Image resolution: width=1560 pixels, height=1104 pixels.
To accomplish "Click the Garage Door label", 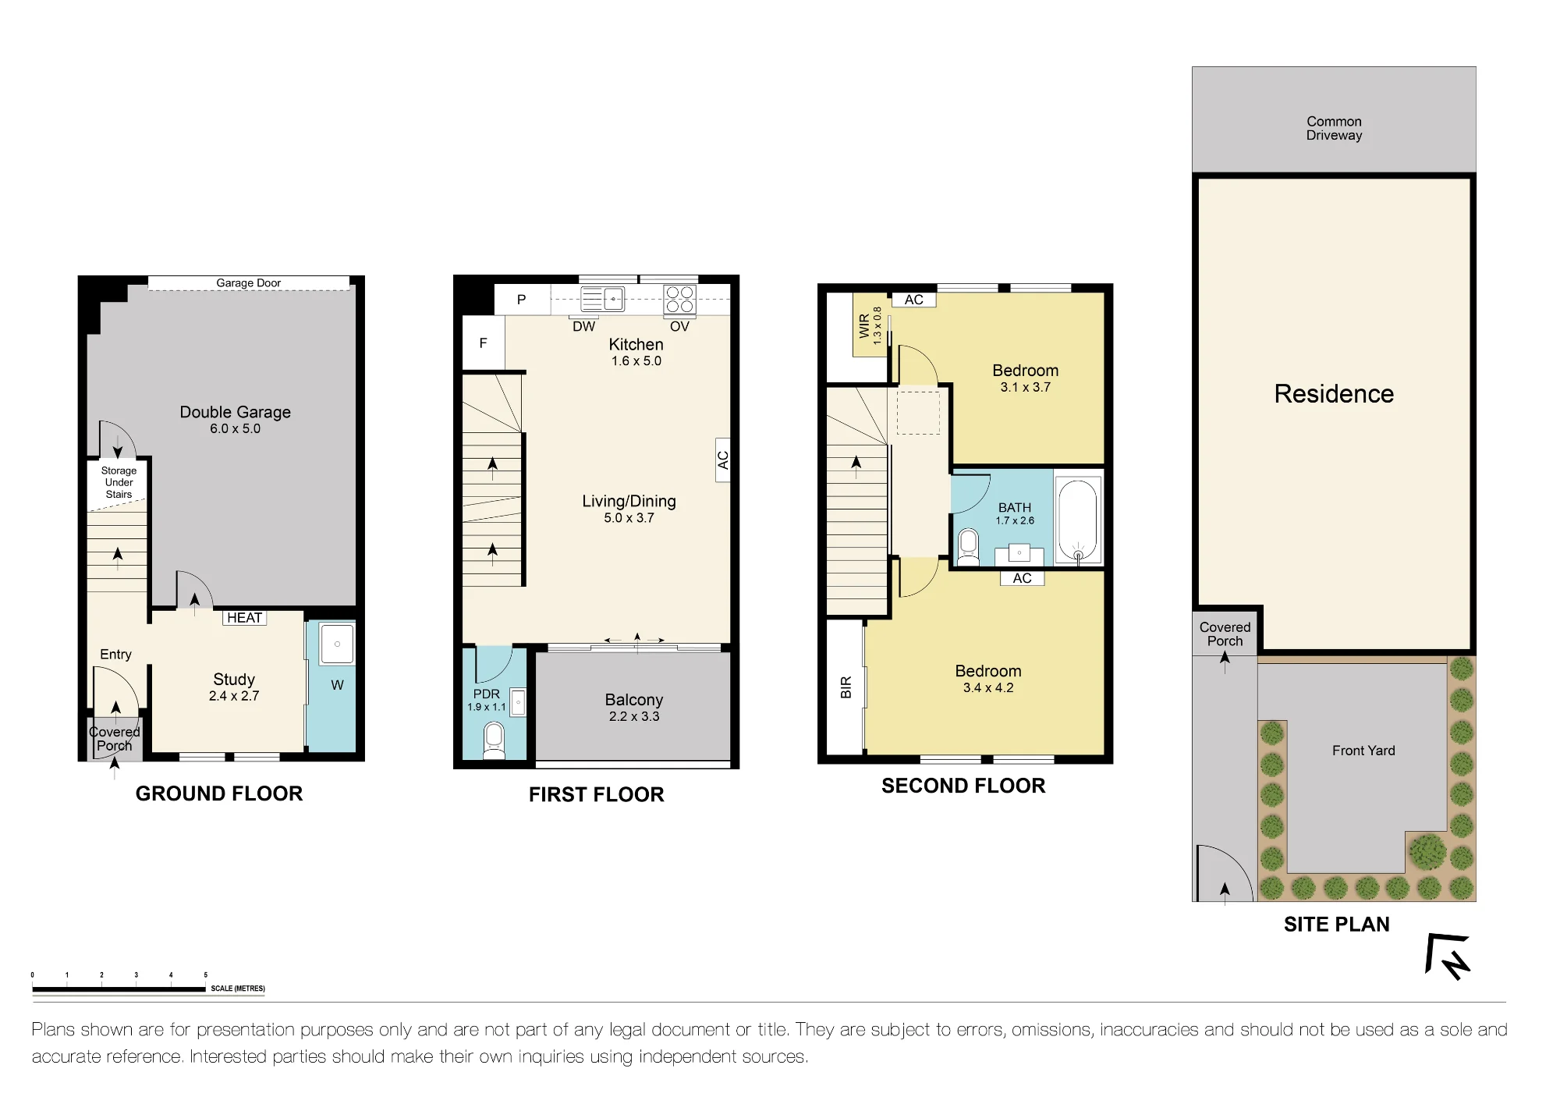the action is (248, 283).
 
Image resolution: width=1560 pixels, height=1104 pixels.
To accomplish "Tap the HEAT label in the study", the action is (244, 618).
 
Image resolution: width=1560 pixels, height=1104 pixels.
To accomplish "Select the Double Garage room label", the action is (236, 412).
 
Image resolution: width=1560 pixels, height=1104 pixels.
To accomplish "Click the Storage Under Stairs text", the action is (119, 482).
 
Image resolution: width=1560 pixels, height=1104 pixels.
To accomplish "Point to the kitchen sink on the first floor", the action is (603, 299).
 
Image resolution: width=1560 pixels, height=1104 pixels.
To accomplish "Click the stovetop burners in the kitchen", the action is (679, 300).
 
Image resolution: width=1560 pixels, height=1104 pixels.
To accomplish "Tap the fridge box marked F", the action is (484, 343).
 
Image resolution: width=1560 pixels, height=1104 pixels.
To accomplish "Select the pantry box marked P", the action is (522, 299).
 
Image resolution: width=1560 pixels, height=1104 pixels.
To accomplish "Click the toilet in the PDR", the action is (494, 739).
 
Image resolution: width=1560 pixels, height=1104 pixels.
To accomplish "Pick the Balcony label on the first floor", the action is (634, 700).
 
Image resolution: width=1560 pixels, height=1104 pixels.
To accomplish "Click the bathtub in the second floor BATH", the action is (1078, 520).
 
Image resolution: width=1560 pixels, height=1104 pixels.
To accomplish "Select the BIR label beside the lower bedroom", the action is (846, 687).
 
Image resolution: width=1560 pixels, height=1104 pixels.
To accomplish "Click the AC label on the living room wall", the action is (723, 460).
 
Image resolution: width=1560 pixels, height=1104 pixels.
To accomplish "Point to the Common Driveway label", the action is (1334, 128).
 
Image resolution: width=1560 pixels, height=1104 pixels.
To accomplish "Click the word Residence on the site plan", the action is (1334, 393).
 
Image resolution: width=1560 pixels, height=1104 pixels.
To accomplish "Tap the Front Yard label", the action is (1363, 751).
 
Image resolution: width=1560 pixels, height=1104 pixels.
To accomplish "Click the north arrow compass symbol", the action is (1448, 957).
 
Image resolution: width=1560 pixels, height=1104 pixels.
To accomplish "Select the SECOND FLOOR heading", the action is (963, 786).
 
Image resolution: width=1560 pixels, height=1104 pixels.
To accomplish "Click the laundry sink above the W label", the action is (337, 644).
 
